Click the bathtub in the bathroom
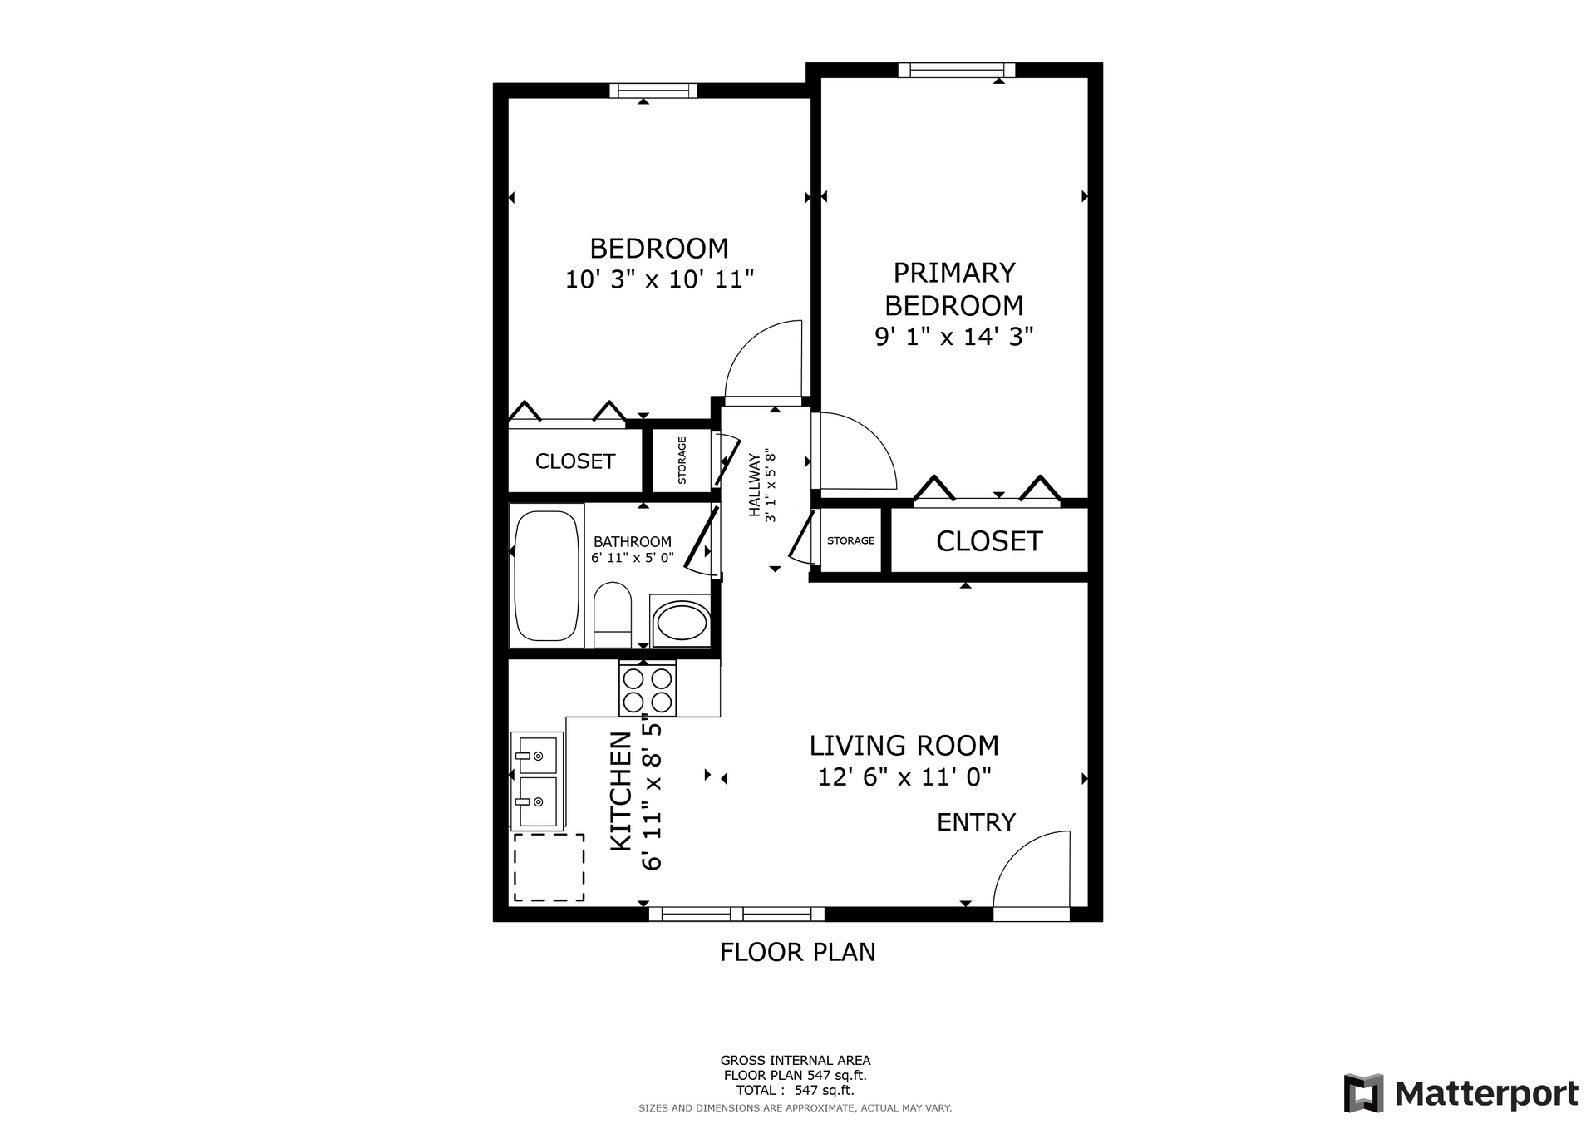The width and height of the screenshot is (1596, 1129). [x=546, y=575]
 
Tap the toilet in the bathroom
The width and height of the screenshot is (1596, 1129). [x=613, y=614]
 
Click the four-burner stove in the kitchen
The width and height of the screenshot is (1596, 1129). [x=648, y=688]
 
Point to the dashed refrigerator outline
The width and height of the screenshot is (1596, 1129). [x=549, y=867]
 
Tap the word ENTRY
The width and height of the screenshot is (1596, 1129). [x=976, y=822]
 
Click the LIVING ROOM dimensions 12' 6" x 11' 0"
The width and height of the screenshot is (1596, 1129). [x=904, y=777]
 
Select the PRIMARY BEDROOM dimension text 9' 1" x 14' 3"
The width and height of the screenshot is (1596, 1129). [x=954, y=337]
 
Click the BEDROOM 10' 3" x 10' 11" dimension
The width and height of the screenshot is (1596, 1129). [x=659, y=279]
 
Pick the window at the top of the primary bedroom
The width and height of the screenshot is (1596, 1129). [x=956, y=70]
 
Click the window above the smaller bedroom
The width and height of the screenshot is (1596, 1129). [x=653, y=91]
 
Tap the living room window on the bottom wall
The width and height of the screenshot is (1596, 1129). [x=736, y=915]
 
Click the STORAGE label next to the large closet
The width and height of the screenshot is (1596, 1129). [x=850, y=540]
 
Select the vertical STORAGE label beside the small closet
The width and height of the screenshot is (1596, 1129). [x=682, y=461]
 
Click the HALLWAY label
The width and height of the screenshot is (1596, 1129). [x=755, y=485]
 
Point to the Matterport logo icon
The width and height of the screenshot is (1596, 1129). [x=1363, y=1093]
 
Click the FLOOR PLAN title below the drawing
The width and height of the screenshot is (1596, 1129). [x=798, y=952]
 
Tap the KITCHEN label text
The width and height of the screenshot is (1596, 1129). [x=622, y=791]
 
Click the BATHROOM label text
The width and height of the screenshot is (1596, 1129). [x=633, y=542]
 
